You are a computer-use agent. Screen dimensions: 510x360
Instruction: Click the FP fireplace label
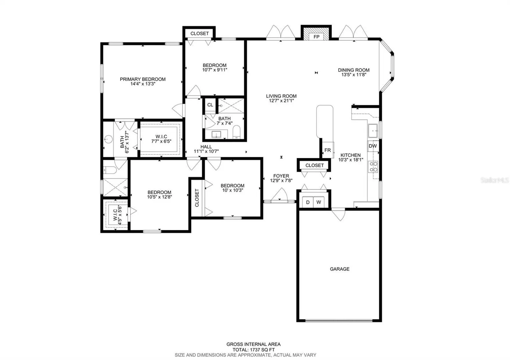point(316,37)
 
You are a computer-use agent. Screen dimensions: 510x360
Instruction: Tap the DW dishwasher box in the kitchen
point(373,146)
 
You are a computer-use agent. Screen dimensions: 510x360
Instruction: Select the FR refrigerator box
point(328,150)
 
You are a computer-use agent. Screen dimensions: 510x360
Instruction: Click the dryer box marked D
point(308,202)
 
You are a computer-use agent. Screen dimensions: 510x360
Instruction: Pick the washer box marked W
point(319,202)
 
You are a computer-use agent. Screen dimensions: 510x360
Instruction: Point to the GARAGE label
point(340,269)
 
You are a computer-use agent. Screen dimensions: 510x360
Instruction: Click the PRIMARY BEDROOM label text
point(143,79)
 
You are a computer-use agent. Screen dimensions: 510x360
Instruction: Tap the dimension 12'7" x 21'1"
point(282,101)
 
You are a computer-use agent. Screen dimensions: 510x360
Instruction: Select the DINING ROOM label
point(354,70)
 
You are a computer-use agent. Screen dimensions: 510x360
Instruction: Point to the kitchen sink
point(373,131)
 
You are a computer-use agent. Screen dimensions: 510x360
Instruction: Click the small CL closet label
point(210,105)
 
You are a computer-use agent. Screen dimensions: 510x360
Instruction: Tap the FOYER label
point(281,176)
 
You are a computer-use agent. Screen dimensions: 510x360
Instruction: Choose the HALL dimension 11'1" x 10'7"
point(206,151)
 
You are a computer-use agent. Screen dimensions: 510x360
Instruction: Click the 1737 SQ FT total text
point(262,350)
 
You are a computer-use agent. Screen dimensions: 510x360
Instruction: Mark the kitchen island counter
point(325,122)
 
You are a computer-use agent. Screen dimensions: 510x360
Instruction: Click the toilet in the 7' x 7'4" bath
point(236,132)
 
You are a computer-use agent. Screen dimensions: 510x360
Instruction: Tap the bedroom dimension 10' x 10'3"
point(233,190)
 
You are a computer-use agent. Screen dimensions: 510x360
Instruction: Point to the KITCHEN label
point(351,155)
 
